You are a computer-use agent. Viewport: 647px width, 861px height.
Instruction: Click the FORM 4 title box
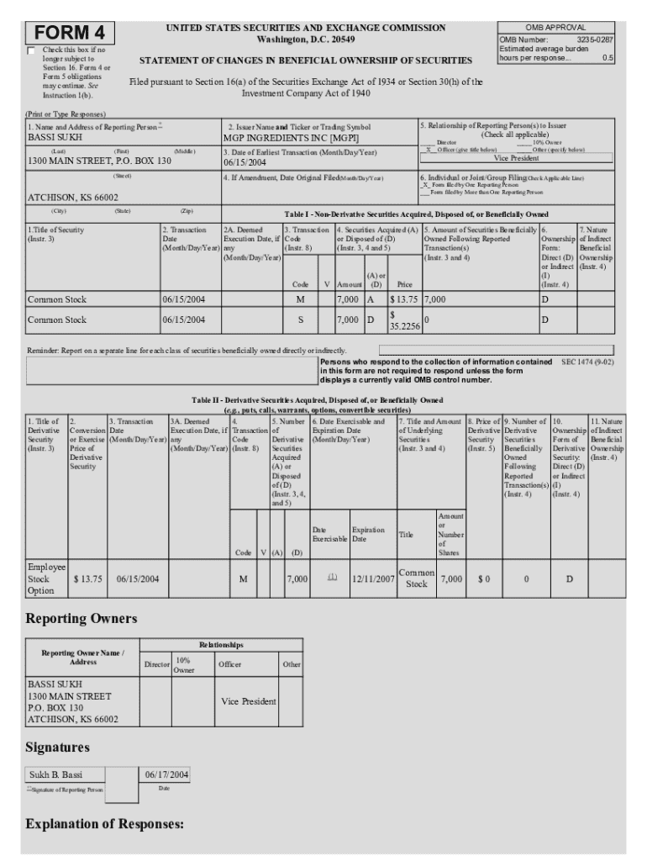[x=71, y=33]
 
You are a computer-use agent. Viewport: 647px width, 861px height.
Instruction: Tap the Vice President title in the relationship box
[x=516, y=158]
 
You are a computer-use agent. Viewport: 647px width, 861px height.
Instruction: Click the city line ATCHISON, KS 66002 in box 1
[x=73, y=197]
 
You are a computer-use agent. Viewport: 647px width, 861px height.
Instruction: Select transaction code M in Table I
[x=300, y=298]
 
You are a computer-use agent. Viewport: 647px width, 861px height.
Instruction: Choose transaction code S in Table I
[x=300, y=320]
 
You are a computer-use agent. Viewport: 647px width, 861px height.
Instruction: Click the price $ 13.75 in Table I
[x=404, y=298]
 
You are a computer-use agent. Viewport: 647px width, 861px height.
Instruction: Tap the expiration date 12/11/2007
[x=373, y=578]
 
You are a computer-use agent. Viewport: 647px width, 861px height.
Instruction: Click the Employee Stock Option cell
[x=45, y=578]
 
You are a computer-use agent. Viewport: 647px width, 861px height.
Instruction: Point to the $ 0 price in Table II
[x=483, y=578]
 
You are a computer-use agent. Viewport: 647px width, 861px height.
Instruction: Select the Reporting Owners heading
[x=81, y=619]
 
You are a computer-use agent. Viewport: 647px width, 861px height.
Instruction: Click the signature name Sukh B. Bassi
[x=56, y=774]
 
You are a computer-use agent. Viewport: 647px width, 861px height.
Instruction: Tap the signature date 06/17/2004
[x=166, y=774]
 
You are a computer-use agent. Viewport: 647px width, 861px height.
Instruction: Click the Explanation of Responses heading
[x=105, y=824]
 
